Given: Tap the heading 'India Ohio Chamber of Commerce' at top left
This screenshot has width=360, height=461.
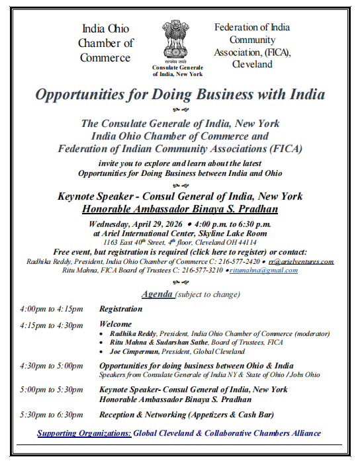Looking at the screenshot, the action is tap(105, 43).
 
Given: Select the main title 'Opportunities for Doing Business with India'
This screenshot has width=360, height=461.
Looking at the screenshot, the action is tap(180, 94).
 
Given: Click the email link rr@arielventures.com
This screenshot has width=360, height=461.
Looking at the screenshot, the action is tap(300, 261).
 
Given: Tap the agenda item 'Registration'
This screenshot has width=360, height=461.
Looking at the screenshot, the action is tap(120, 309).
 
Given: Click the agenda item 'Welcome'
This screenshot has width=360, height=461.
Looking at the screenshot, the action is tap(115, 325).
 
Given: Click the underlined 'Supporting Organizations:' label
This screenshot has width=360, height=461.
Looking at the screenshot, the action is tap(84, 433).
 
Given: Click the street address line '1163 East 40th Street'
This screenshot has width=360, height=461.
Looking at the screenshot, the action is tap(179, 242).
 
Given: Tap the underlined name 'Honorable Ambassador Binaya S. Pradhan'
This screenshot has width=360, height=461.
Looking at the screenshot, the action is tap(179, 209).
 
